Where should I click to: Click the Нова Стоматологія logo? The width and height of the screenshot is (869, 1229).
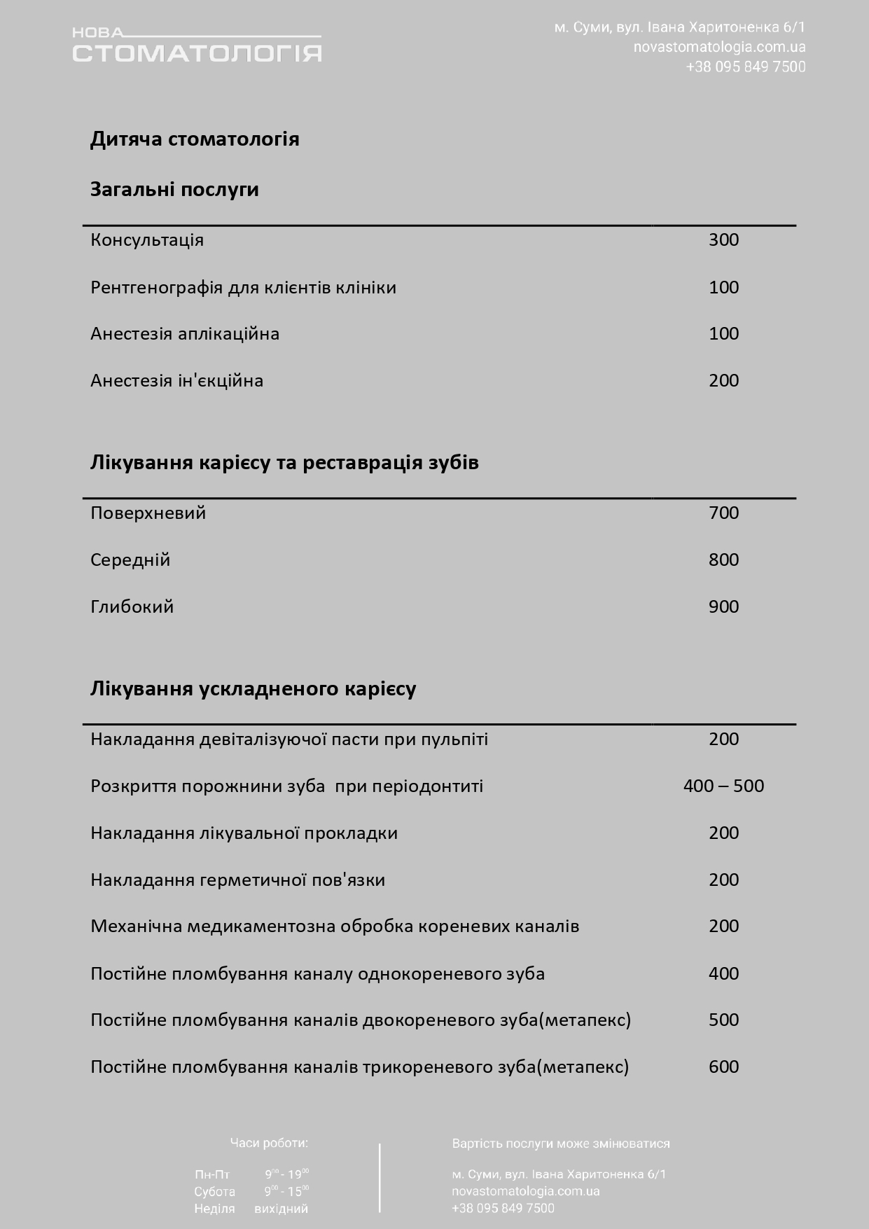coord(197,46)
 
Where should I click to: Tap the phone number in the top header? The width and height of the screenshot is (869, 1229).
coord(746,67)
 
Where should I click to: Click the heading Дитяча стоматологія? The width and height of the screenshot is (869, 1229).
coord(195,139)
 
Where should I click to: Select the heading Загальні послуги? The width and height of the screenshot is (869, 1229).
coord(174,189)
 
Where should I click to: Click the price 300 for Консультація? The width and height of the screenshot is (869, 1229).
coord(723,239)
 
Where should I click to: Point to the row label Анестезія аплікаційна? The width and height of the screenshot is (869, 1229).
coord(185,333)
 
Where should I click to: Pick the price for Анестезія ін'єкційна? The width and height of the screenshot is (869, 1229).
coord(723,380)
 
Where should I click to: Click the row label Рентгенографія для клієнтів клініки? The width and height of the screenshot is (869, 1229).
coord(243,287)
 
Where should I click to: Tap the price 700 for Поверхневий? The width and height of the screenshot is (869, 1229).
coord(723,513)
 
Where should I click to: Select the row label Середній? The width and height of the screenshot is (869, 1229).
coord(130,560)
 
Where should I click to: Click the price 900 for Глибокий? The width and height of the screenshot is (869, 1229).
coord(723,606)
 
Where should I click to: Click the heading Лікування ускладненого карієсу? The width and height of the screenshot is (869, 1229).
coord(253,688)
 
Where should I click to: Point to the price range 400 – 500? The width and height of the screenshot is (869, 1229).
coord(723,786)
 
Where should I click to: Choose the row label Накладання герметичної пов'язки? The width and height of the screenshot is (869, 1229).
coord(237,880)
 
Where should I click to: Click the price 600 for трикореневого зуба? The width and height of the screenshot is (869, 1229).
coord(723,1067)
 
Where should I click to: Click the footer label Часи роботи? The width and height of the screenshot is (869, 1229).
coord(269,1144)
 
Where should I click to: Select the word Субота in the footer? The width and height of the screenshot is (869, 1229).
coord(214,1191)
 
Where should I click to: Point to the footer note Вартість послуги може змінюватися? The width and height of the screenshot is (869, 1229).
coord(561,1144)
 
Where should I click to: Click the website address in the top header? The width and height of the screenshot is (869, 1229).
coord(719,47)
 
